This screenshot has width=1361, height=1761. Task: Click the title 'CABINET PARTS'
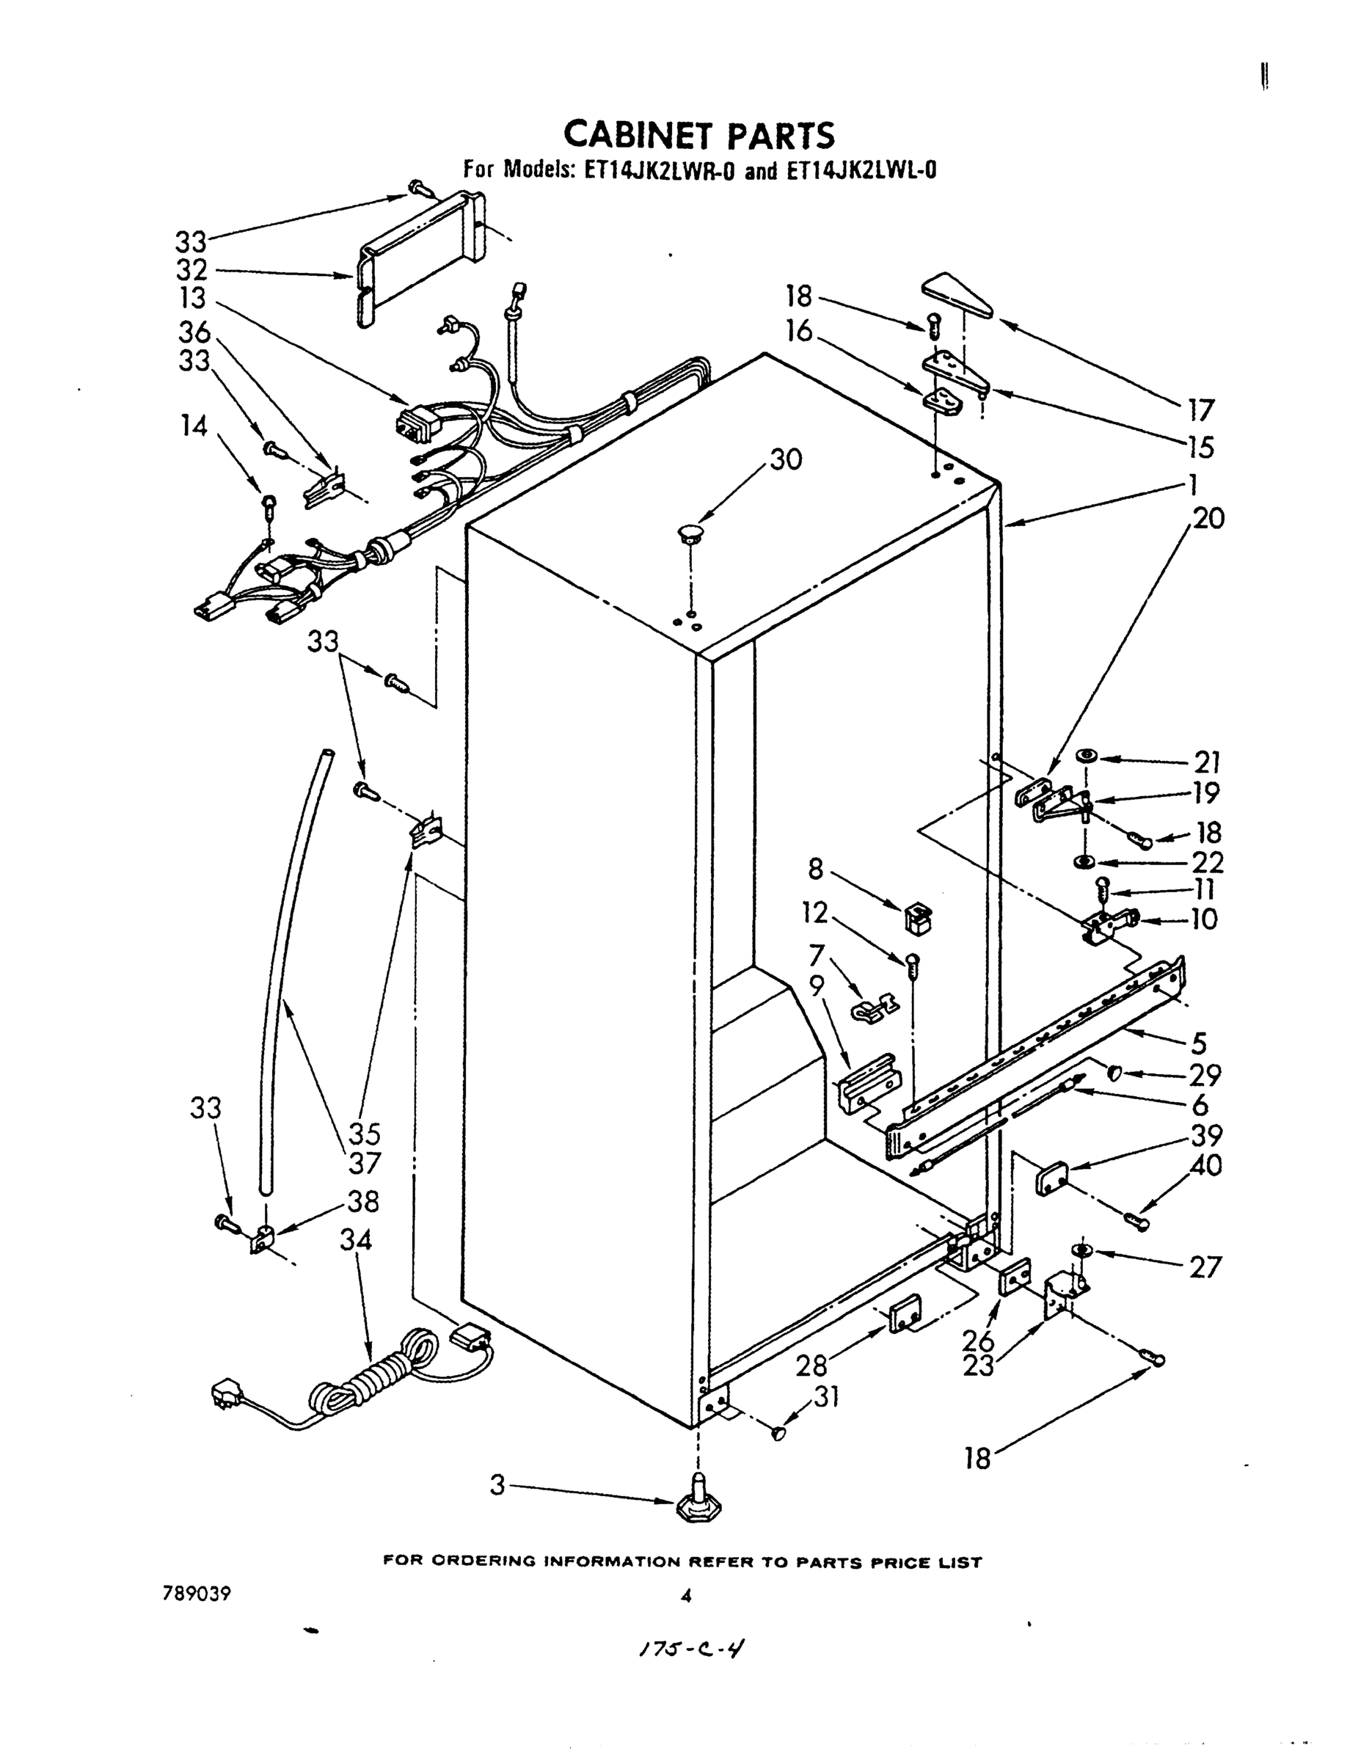tap(698, 135)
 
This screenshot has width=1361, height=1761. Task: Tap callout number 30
tap(786, 459)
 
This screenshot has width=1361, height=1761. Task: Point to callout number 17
tap(1200, 410)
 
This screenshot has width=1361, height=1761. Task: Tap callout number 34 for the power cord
tap(356, 1239)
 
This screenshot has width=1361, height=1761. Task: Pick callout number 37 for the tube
tap(364, 1163)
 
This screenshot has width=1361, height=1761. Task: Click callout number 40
tap(1205, 1166)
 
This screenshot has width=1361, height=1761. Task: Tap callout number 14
tap(194, 425)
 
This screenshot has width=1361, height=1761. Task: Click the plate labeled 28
tap(905, 1315)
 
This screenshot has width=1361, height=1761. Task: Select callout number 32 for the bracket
tap(191, 269)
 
